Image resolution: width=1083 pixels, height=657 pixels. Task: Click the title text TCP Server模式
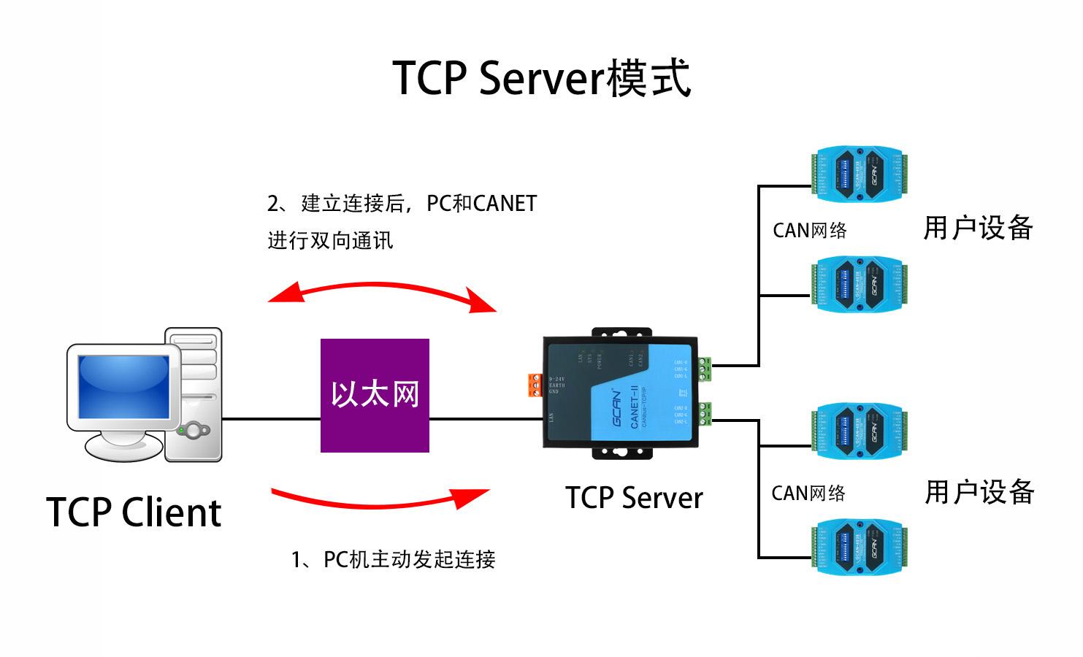(x=541, y=77)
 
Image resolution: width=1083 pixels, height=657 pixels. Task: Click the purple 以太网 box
(x=375, y=395)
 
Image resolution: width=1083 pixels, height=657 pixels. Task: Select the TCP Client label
(x=134, y=512)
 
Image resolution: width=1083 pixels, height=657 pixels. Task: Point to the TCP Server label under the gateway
(x=634, y=498)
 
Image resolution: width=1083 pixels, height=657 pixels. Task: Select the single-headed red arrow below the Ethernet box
(x=380, y=499)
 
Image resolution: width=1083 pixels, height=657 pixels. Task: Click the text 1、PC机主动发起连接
(x=393, y=560)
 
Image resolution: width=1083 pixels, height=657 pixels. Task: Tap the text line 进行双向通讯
(x=330, y=240)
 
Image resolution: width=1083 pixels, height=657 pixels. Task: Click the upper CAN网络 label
(x=809, y=231)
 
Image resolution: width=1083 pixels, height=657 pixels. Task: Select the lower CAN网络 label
(x=808, y=493)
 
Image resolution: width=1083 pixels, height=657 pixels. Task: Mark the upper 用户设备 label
(x=978, y=228)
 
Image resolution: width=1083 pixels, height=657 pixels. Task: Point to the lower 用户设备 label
(x=979, y=492)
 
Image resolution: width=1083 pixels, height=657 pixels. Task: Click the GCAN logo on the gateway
(x=619, y=410)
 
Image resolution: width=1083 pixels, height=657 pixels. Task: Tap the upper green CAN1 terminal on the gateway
(x=705, y=369)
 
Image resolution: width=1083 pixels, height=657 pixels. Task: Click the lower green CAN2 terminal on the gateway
(x=705, y=413)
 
